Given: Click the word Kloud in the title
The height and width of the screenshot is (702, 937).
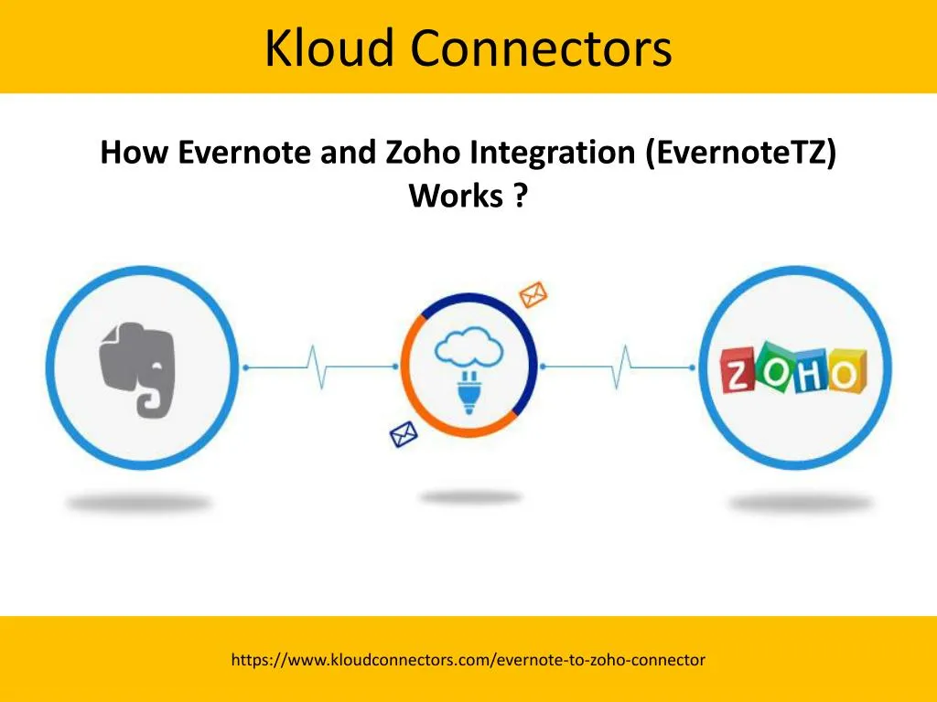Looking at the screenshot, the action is click(x=329, y=48).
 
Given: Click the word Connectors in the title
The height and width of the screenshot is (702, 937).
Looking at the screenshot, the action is click(x=542, y=48).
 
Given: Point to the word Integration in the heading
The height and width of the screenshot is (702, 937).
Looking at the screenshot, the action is click(x=552, y=153).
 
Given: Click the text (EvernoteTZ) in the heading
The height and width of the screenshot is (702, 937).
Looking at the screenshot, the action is click(x=741, y=153).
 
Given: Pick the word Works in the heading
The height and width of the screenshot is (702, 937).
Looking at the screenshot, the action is click(x=456, y=196).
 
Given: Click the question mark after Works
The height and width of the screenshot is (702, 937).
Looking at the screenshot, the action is click(x=521, y=195).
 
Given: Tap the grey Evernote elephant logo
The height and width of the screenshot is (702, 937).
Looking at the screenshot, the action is click(x=138, y=369).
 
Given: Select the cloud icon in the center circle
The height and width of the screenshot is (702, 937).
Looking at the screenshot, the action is click(x=469, y=346).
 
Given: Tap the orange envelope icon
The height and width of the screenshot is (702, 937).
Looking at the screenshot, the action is click(x=533, y=294).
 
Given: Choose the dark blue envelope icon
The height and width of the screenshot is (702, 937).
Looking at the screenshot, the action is click(x=404, y=434).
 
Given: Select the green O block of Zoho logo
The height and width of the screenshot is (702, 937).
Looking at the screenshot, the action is click(x=775, y=366).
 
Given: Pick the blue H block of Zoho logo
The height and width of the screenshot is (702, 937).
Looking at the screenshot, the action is click(x=811, y=373).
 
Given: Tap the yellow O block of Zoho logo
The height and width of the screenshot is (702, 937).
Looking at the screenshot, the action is click(x=846, y=371).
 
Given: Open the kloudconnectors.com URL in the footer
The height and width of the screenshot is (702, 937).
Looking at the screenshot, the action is click(x=468, y=660).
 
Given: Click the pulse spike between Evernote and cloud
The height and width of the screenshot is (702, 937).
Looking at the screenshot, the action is click(x=316, y=367).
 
